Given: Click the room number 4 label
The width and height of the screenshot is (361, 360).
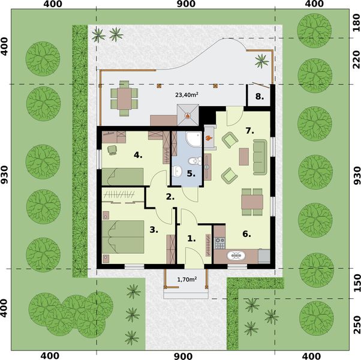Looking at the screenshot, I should (x=137, y=155).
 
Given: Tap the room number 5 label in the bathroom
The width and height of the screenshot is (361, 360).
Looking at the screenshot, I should (x=190, y=173).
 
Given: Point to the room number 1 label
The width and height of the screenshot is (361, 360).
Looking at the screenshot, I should (x=191, y=238).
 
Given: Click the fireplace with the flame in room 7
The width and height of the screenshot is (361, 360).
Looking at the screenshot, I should (x=209, y=139).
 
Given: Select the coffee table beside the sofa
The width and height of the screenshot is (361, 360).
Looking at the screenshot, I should (x=243, y=156).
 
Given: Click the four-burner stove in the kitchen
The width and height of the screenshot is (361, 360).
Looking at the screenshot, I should (x=219, y=243).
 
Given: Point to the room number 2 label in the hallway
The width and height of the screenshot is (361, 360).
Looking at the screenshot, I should (x=170, y=196).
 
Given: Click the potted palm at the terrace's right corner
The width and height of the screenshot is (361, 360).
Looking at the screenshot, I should (x=261, y=59).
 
